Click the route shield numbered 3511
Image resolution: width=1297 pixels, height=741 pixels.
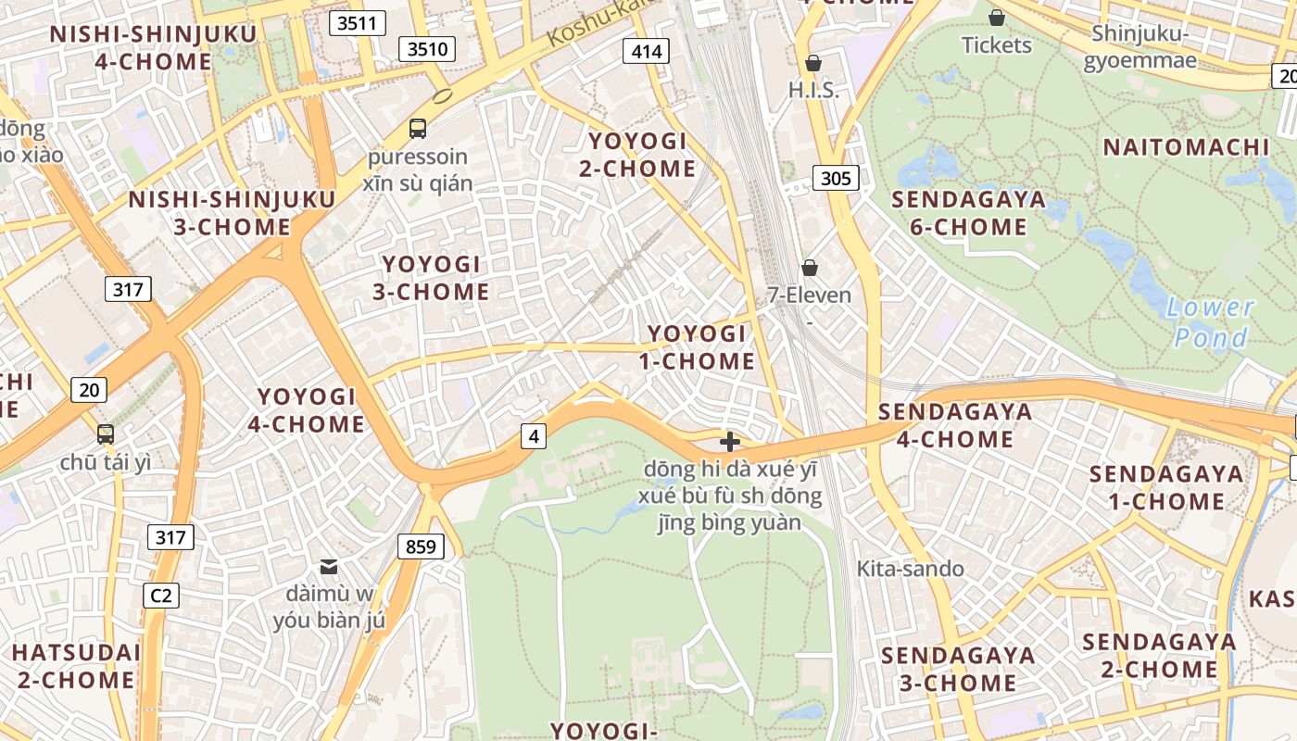357,23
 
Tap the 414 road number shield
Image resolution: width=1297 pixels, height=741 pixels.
646,51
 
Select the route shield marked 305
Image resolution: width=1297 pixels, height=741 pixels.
836,178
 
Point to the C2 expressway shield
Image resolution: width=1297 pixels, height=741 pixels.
161,595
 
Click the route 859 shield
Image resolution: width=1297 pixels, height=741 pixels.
421,546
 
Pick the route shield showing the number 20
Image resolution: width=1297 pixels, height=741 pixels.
89,390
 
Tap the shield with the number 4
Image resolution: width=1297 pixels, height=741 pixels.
533,435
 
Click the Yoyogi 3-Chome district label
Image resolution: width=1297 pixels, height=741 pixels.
431,278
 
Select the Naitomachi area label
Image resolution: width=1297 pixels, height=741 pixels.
1186,147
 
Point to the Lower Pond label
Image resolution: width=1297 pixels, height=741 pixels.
1210,322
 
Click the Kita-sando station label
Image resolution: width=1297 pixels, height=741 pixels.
910,569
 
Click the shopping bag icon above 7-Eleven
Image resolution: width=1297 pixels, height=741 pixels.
810,268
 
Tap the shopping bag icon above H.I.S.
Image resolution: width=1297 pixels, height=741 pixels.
813,63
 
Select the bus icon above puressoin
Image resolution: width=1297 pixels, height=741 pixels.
418,129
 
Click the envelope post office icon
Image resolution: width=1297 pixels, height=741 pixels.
329,566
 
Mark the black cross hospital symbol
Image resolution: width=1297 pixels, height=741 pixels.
730,442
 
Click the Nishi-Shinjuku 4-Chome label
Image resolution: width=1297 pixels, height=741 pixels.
153,48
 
